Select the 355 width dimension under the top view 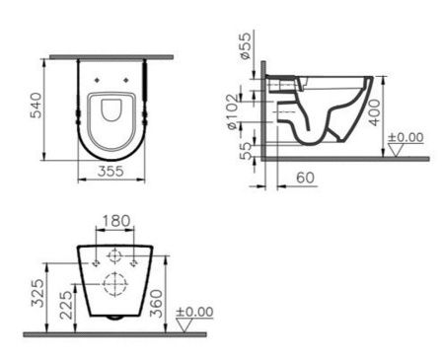click(111, 172)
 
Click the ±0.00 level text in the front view click(194, 312)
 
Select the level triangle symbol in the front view click(183, 324)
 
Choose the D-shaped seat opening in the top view click(111, 114)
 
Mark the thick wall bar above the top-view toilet click(111, 57)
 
